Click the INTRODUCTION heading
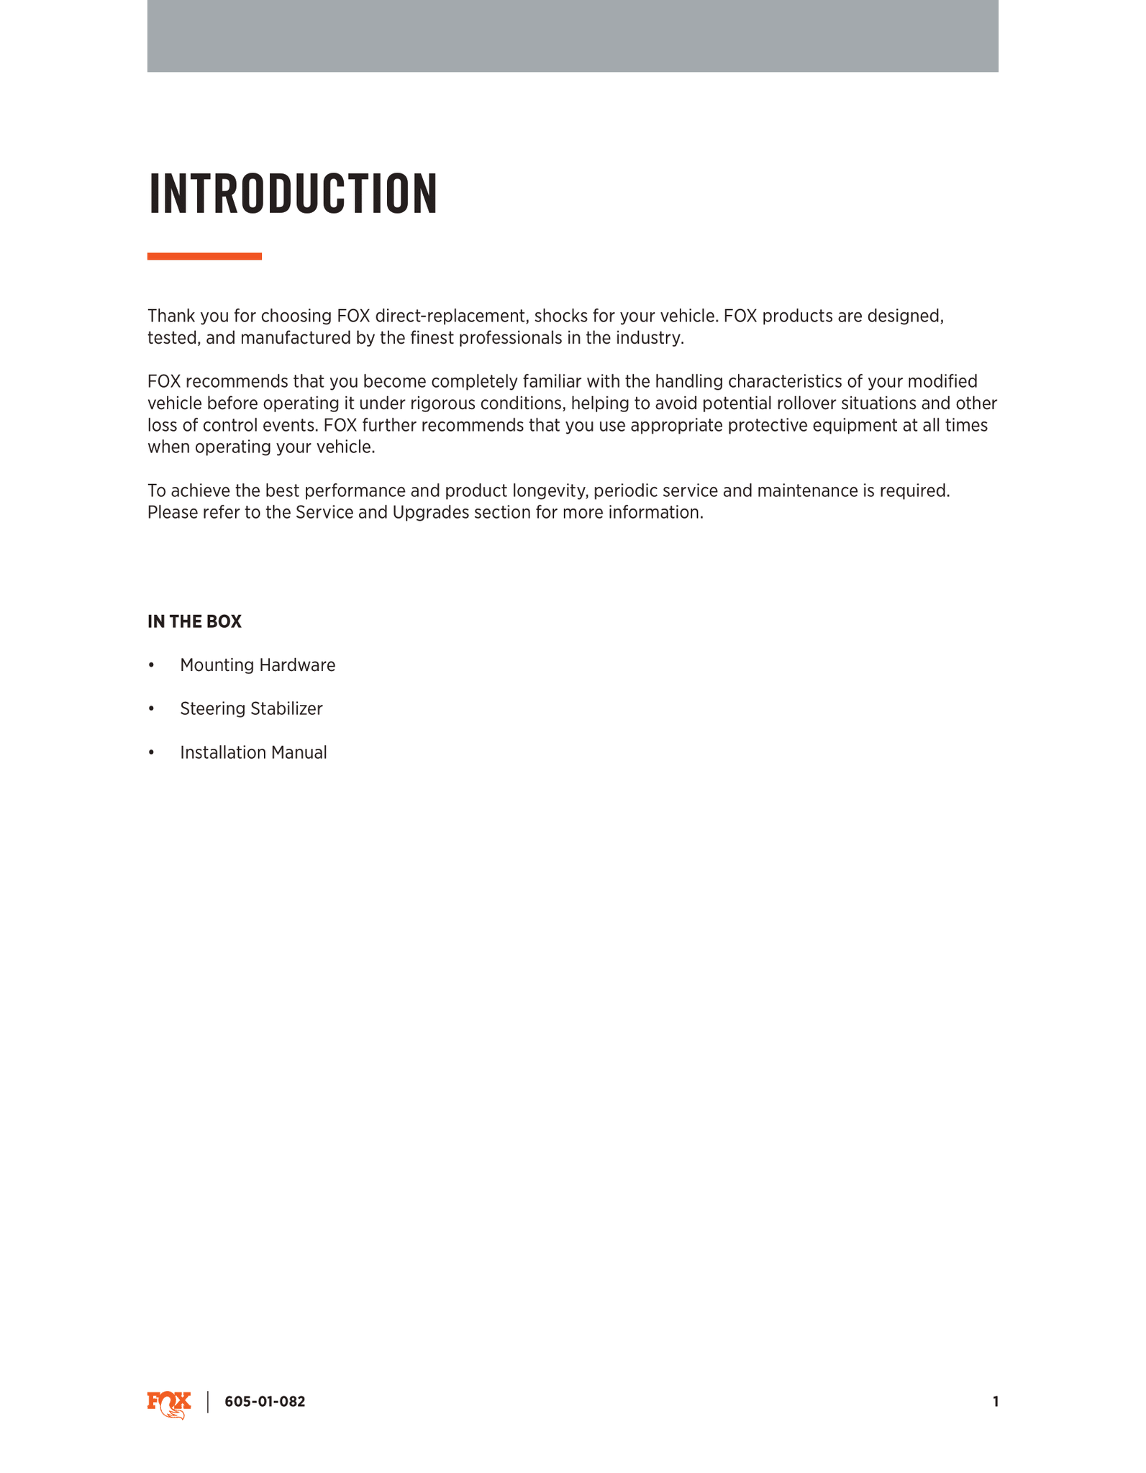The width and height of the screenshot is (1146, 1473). (x=293, y=194)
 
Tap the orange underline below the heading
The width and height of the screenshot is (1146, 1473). (x=204, y=256)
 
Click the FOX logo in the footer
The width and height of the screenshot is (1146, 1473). (x=169, y=1403)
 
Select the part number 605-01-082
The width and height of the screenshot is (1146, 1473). (x=265, y=1402)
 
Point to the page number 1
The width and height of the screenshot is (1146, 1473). (x=995, y=1402)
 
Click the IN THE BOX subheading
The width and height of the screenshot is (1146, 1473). (x=194, y=622)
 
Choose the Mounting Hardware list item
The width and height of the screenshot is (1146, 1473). (x=258, y=665)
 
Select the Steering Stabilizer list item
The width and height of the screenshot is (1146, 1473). (x=251, y=709)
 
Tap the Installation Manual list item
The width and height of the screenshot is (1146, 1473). (x=253, y=753)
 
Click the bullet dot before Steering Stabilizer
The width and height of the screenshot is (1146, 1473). (x=151, y=709)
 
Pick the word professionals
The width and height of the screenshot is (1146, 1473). (x=511, y=338)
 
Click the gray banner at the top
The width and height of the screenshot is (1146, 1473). (x=573, y=36)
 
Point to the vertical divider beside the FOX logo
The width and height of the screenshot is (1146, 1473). (x=208, y=1402)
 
